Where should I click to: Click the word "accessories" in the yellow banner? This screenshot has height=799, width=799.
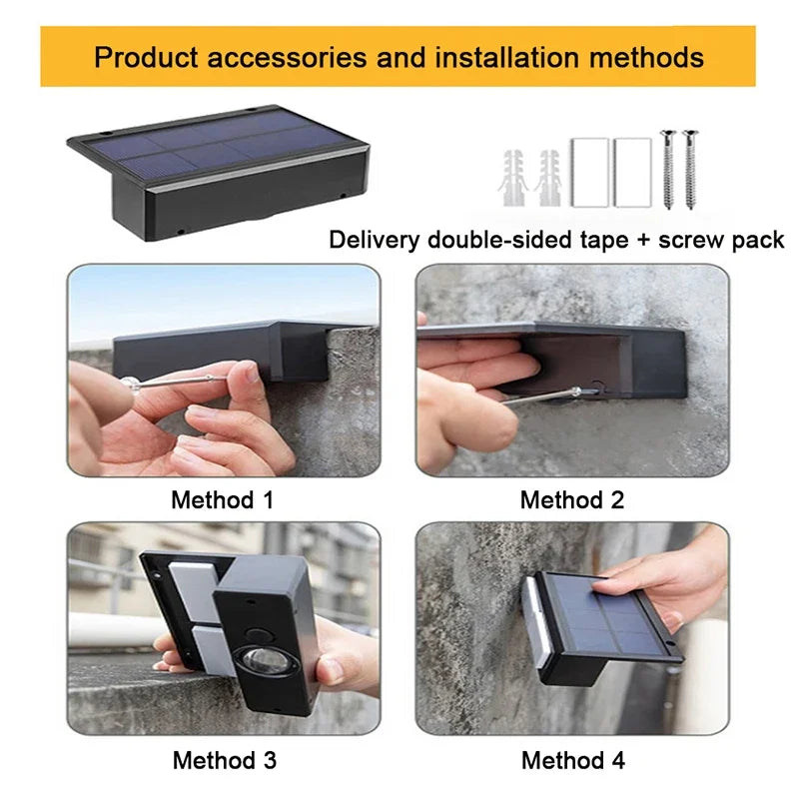pos(287,57)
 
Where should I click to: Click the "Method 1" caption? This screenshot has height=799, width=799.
pos(223,500)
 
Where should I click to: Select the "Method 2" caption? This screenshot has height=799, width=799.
pos(571,500)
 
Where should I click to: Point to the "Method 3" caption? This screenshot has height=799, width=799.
pos(224,760)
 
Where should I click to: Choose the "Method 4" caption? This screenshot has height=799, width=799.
pos(572,760)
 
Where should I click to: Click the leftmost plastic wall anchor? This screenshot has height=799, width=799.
pos(512,178)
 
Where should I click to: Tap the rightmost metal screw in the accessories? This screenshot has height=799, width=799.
pos(690,170)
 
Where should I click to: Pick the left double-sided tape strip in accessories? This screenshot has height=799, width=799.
pos(589,172)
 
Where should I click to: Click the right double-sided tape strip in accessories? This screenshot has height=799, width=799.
pos(632,172)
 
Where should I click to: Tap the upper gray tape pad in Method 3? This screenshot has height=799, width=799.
pos(196,591)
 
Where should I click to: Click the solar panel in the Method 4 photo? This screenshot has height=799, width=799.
pos(611,615)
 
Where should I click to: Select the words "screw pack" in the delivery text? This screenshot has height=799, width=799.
pos(721,240)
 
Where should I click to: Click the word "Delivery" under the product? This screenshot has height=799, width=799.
pos(375,239)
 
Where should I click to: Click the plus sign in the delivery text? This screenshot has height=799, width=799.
pos(643,240)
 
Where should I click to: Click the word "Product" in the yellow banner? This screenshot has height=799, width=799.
pos(146,57)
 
